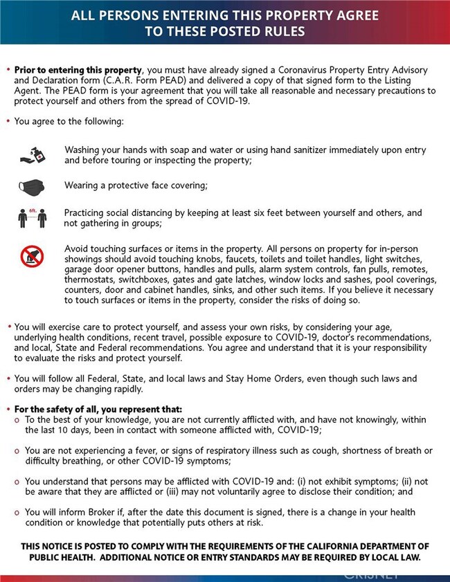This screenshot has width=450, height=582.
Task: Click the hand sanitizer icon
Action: [32, 154]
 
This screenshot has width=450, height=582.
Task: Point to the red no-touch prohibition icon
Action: [32, 257]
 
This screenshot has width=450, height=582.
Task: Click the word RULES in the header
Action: [284, 30]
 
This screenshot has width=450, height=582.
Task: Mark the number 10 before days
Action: [53, 430]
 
